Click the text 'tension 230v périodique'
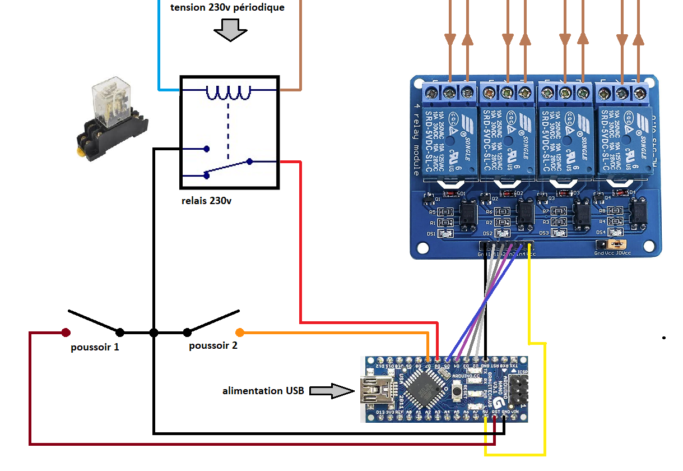click(227, 8)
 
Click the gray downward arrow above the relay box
click(230, 30)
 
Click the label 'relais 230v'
click(206, 201)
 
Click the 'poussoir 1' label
click(95, 347)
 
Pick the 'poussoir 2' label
click(213, 345)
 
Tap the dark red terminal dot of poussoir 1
click(66, 333)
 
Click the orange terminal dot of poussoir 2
click(240, 332)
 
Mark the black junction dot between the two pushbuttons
click(154, 333)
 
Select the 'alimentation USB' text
click(263, 390)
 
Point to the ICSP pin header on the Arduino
click(518, 390)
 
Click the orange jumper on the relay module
click(618, 244)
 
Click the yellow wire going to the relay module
click(544, 392)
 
